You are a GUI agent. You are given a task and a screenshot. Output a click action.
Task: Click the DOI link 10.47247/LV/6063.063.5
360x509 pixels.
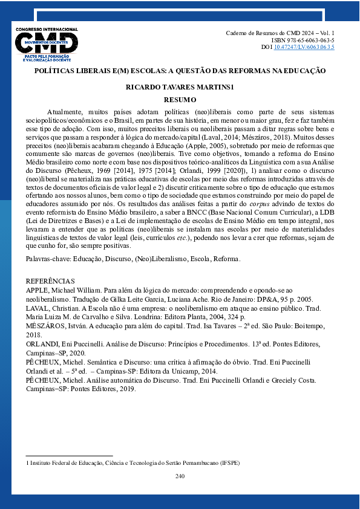(x=304, y=47)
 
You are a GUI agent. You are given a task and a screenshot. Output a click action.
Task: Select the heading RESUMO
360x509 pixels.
(x=180, y=99)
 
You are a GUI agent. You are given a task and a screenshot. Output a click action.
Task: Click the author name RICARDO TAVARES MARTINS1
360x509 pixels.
(x=180, y=87)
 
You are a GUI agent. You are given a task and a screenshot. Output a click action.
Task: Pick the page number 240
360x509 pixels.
(x=180, y=476)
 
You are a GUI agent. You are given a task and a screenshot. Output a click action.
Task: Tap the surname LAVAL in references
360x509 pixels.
(x=38, y=308)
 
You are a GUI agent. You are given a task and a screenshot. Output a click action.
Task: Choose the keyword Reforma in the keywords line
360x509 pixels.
(x=225, y=259)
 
